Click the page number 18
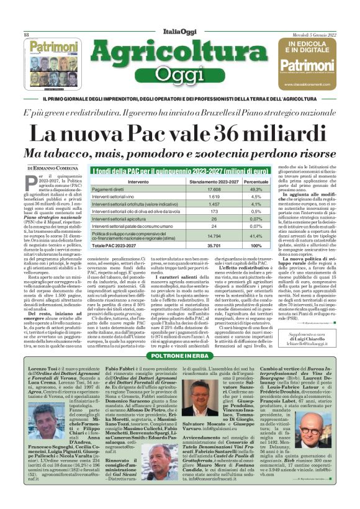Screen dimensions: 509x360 pyautogui.click(x=27, y=35)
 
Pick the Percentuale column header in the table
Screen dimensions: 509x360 pyautogui.click(x=238, y=181)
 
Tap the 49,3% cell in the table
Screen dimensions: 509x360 pyautogui.click(x=238, y=189)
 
